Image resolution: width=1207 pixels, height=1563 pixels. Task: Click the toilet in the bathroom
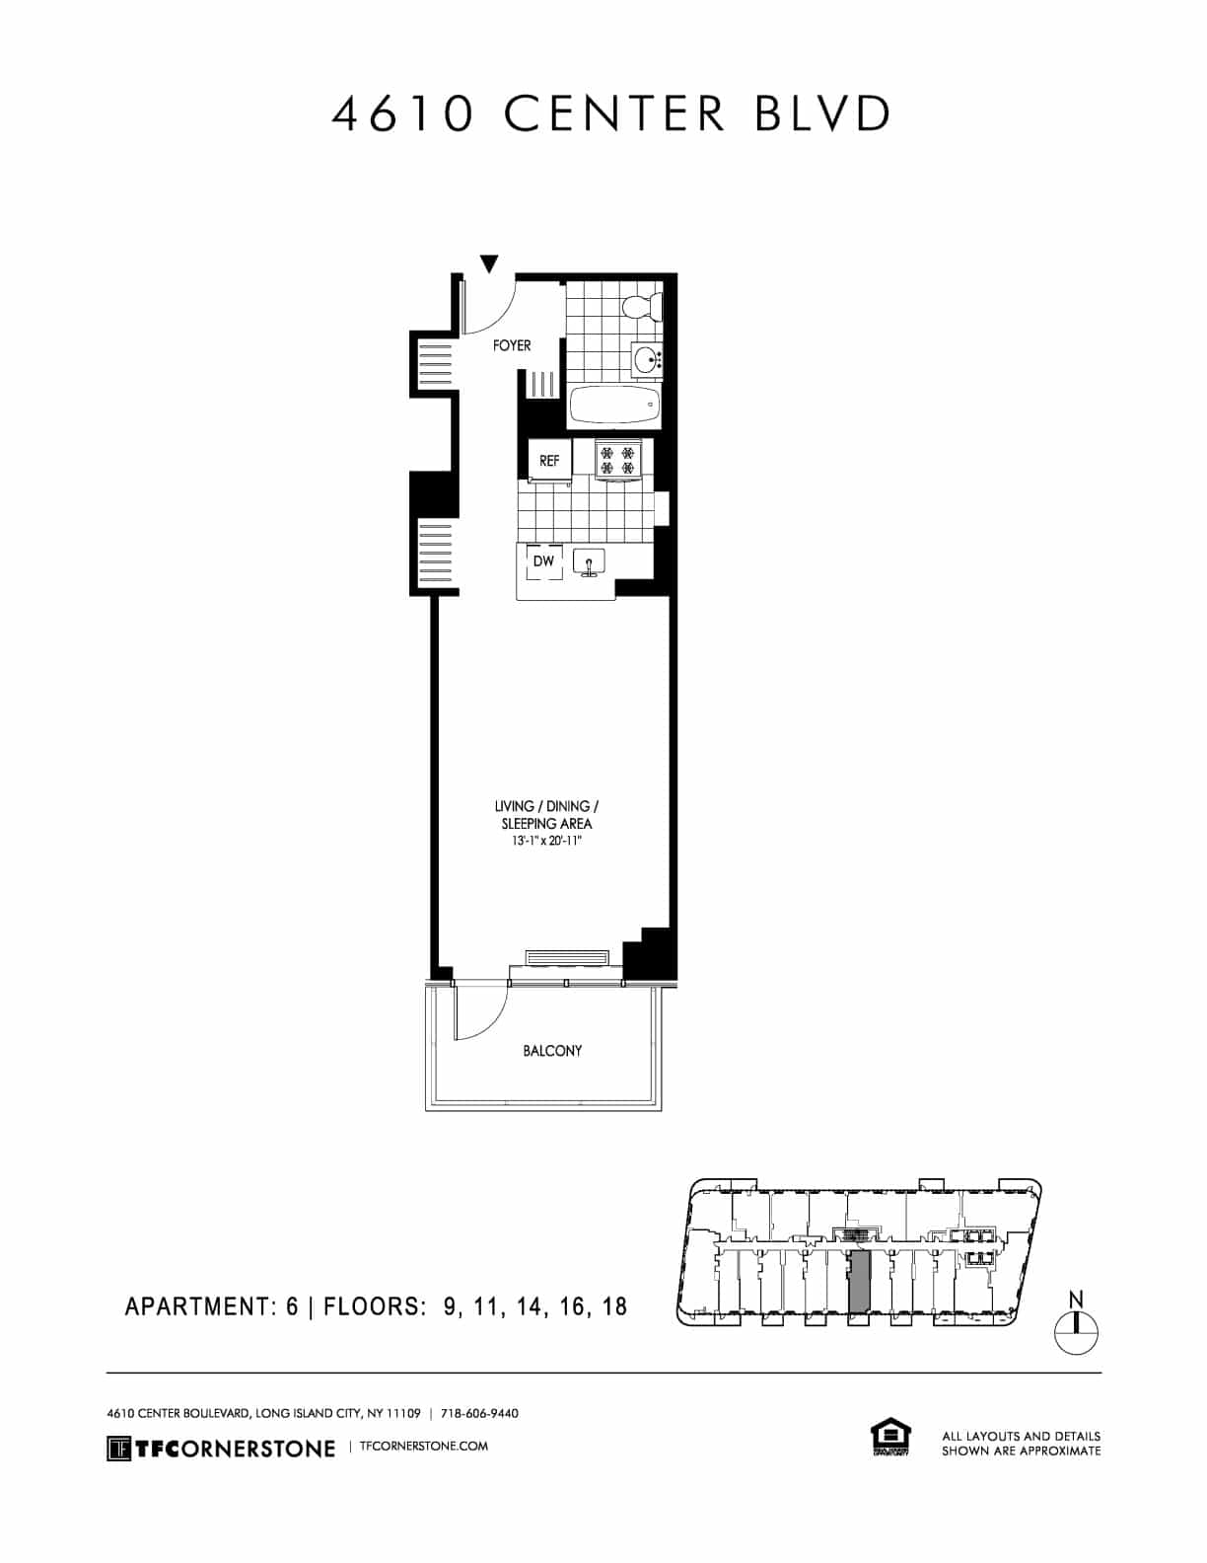tap(644, 306)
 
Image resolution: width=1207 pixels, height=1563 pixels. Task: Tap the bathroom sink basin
tap(647, 359)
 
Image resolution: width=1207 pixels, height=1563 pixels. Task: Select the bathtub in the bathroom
tap(615, 405)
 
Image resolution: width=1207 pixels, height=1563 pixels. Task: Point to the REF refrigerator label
tap(549, 461)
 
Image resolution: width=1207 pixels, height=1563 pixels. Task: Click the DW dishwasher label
tap(543, 561)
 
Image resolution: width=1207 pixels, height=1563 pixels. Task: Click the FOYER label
tap(512, 345)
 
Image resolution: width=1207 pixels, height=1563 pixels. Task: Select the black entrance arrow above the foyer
tap(489, 263)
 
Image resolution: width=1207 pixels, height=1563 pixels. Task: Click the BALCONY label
tap(552, 1051)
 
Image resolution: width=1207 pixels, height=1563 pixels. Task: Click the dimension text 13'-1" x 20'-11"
tap(541, 842)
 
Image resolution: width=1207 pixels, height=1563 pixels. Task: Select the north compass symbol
tap(1076, 1331)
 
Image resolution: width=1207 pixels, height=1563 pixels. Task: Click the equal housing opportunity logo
tap(889, 1437)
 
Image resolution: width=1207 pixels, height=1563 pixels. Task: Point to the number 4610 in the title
tap(401, 114)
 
